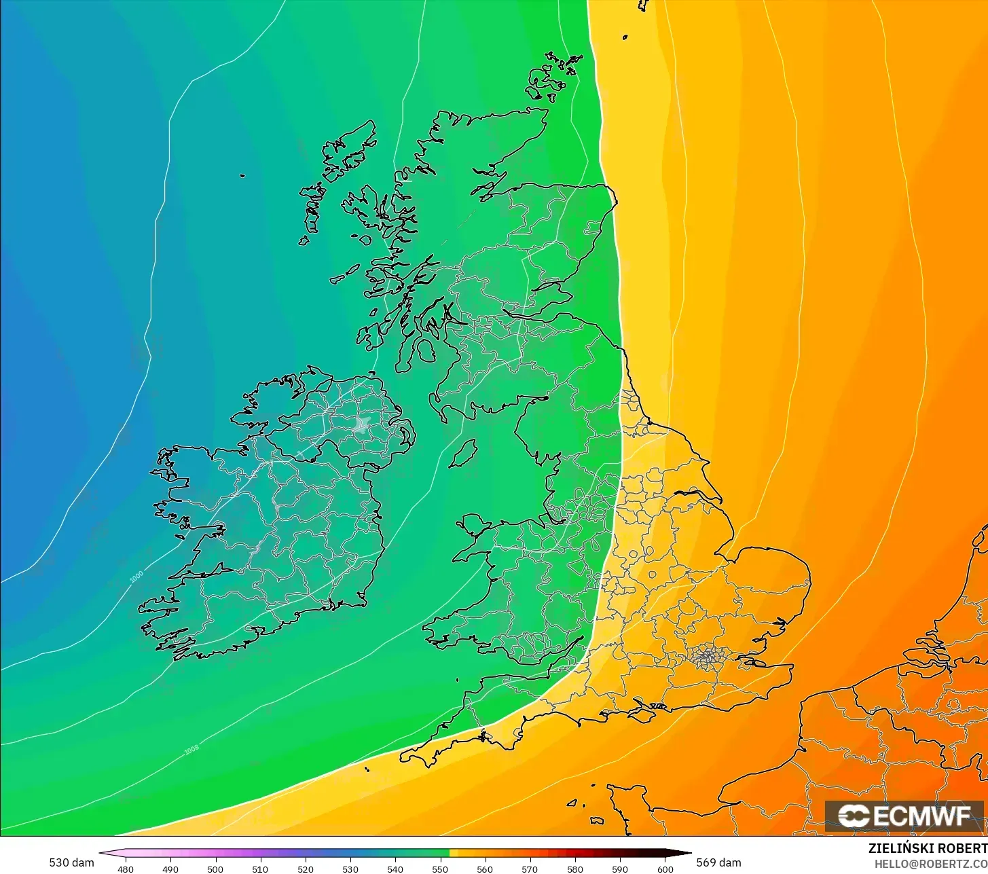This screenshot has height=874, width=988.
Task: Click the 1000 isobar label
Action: pyautogui.click(x=136, y=576)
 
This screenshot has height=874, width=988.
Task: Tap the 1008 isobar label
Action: pyautogui.click(x=191, y=750)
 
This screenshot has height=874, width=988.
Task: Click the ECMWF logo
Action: pyautogui.click(x=904, y=816)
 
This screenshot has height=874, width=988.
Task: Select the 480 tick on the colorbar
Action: pyautogui.click(x=126, y=869)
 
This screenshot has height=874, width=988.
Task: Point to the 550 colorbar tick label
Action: pyautogui.click(x=440, y=869)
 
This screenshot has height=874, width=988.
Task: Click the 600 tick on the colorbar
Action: pyautogui.click(x=665, y=869)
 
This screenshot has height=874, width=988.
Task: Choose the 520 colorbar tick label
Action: pyautogui.click(x=305, y=869)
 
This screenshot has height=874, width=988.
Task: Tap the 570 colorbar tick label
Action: pyautogui.click(x=530, y=869)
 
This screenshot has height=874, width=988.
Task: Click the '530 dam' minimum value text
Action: pyautogui.click(x=71, y=862)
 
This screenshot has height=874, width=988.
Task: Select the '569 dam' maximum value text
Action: pyautogui.click(x=718, y=862)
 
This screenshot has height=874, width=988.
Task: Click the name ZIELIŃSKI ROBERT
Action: pyautogui.click(x=928, y=848)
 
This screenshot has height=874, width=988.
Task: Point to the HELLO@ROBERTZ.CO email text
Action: pyautogui.click(x=930, y=863)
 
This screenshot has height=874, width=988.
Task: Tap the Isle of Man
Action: pyautogui.click(x=463, y=453)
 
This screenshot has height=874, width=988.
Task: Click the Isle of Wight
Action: pyautogui.click(x=650, y=711)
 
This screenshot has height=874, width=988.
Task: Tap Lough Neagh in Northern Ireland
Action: pyautogui.click(x=362, y=426)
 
